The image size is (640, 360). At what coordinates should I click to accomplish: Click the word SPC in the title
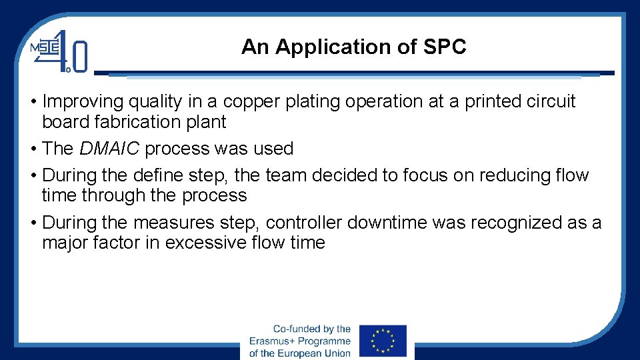click(x=445, y=47)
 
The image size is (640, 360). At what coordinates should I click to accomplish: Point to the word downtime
click(x=387, y=222)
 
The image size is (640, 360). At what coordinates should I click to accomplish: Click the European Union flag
click(x=383, y=340)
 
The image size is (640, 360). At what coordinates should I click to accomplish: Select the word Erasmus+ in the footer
click(x=276, y=341)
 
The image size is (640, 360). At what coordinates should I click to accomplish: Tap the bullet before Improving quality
click(x=33, y=102)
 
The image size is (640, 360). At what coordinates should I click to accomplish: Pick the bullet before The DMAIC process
click(x=33, y=149)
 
